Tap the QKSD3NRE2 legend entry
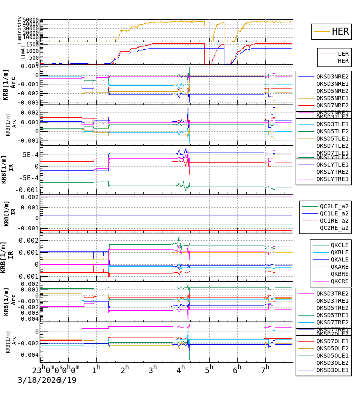coord(332,76)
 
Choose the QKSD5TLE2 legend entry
coord(332,131)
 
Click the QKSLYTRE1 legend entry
coord(332,179)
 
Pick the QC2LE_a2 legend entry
coord(334,206)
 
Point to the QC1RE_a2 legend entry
coord(334,221)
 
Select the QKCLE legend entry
coord(339,245)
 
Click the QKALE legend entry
coord(339,259)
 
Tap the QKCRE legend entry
coord(339,281)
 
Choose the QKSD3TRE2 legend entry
coord(332,293)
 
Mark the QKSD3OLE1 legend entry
coord(332,370)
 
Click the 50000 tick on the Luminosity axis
coord(30,20)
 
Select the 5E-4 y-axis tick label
coord(30,155)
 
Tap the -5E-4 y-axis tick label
coord(29,178)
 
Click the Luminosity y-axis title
coord(20,30)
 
